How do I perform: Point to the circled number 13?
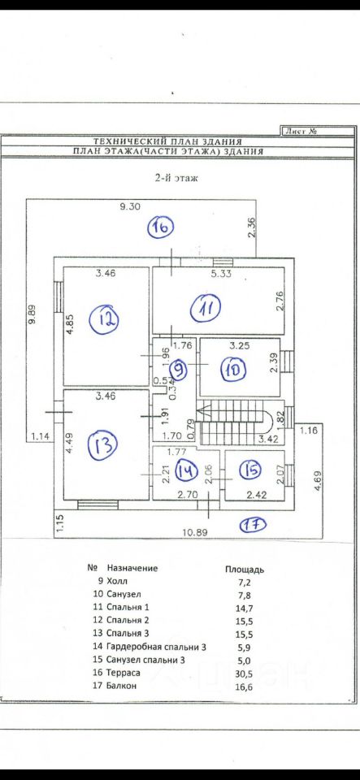point(103,444)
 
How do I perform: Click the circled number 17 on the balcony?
point(254,524)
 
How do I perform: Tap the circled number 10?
point(235,369)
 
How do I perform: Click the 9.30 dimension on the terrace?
point(130,209)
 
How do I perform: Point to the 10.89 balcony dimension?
point(195,531)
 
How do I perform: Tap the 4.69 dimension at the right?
point(319,482)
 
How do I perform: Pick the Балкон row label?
point(121,686)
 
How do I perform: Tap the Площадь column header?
point(245,569)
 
